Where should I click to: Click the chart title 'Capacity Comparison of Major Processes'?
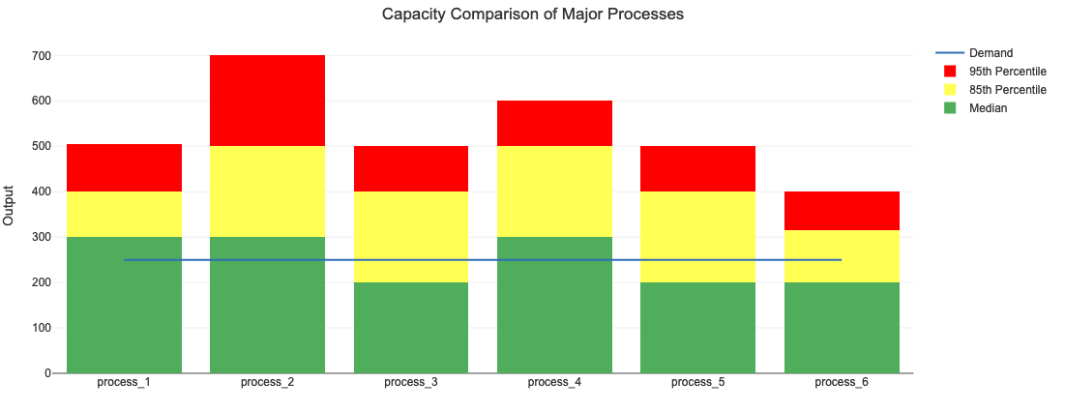click(532, 15)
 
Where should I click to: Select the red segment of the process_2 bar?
click(267, 101)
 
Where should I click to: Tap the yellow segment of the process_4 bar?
click(554, 191)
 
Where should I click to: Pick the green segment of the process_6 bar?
click(842, 328)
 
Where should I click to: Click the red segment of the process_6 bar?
click(842, 211)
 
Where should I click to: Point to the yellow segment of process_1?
click(124, 214)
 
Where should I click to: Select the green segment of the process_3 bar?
click(411, 328)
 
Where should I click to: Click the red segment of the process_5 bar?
click(697, 168)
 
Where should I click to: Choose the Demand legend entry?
click(991, 53)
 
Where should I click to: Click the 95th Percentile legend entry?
click(1007, 72)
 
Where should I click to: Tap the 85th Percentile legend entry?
click(1007, 90)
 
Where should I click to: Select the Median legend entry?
click(988, 108)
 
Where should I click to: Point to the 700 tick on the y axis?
click(41, 55)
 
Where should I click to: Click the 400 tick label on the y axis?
click(41, 191)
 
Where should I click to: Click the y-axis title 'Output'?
click(10, 205)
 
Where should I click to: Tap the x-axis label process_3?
click(411, 383)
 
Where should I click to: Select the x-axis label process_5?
click(697, 383)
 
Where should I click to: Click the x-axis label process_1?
click(124, 383)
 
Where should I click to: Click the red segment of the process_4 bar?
click(554, 123)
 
